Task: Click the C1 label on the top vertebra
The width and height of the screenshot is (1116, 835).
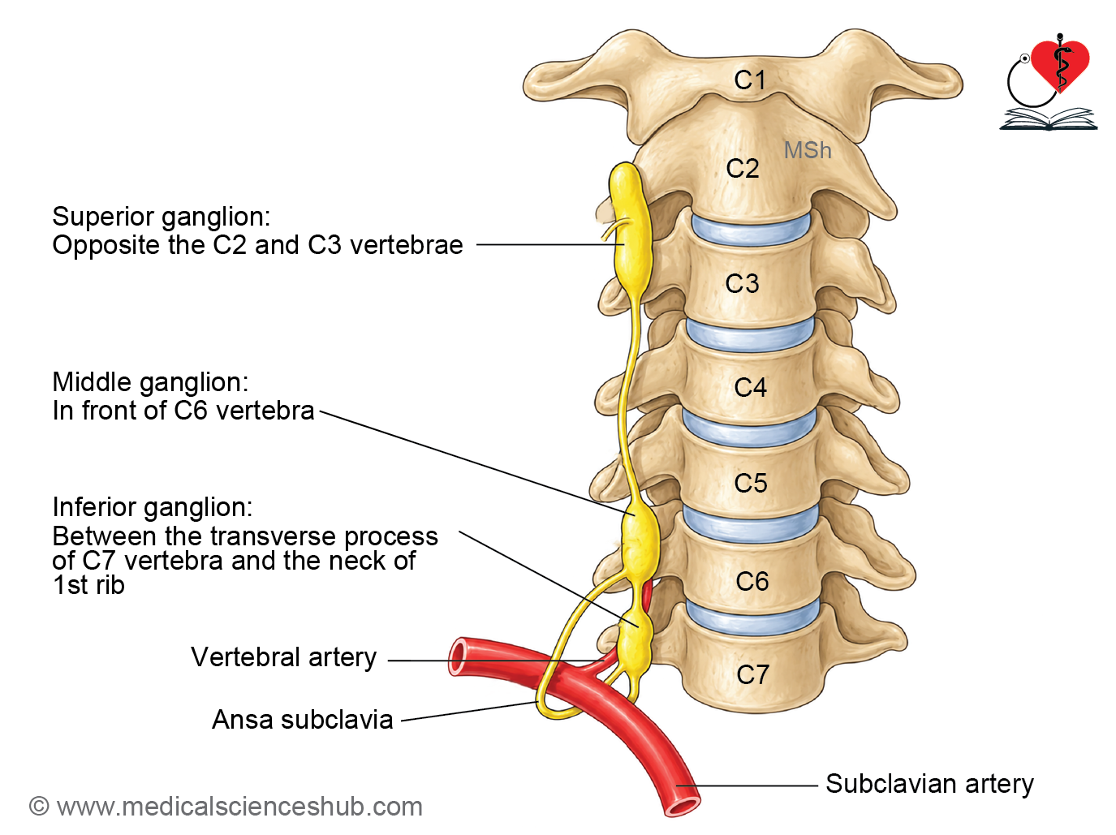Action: coord(749,80)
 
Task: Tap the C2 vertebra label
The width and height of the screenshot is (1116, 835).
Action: coord(743,168)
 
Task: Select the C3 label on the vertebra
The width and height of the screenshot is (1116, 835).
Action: coord(742,283)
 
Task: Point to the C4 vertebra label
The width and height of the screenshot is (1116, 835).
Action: coord(750,387)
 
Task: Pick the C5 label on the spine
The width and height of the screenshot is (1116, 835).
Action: coord(751,483)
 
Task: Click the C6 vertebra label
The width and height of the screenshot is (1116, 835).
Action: coord(752,581)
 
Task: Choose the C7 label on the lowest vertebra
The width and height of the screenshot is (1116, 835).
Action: coord(752,674)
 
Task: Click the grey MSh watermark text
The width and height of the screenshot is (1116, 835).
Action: coord(808,150)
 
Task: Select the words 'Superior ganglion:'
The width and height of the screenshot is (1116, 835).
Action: coord(162,217)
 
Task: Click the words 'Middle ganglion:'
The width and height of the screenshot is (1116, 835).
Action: coord(150,382)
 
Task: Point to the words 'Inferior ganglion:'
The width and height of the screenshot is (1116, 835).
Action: coord(153,507)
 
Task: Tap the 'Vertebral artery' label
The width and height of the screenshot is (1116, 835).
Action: coord(284,656)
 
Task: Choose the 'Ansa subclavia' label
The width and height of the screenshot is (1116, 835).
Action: coord(303,720)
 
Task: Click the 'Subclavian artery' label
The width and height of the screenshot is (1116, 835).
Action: coord(929,783)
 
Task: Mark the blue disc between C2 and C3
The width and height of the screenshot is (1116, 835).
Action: coord(751,230)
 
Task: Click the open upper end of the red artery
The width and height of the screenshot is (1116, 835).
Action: coord(459,656)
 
